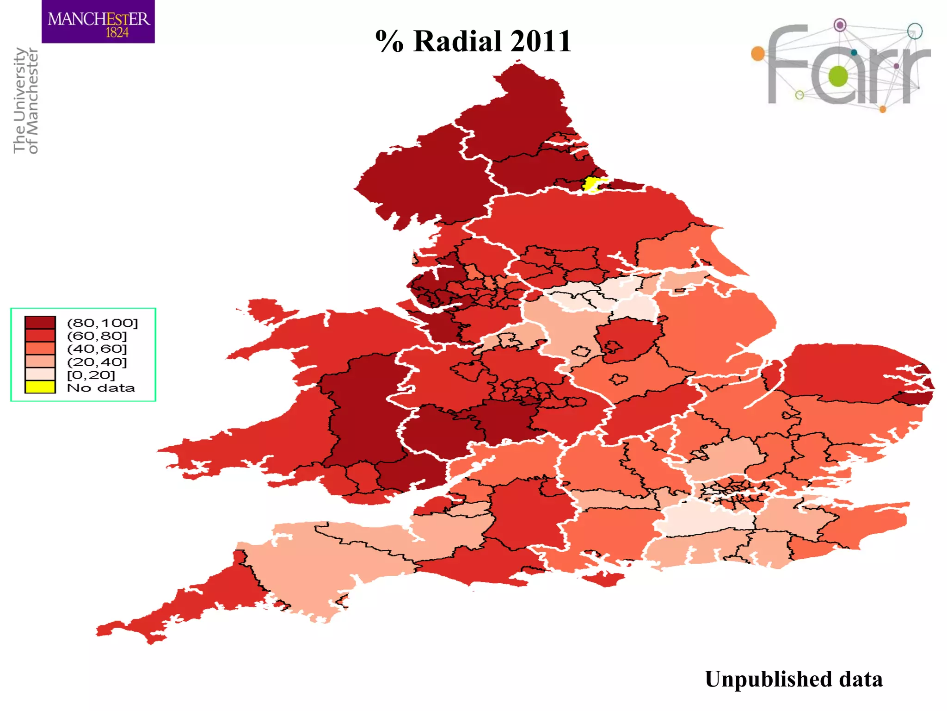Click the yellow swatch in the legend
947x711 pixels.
point(40,387)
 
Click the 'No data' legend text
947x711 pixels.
point(101,388)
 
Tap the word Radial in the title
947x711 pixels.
point(457,41)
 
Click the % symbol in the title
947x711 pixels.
point(389,41)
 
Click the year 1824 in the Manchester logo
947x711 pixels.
point(117,32)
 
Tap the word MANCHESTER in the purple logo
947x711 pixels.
point(98,19)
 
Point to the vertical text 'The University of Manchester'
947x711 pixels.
point(26,100)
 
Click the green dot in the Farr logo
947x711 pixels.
point(838,76)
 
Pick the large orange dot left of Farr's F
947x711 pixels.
point(758,54)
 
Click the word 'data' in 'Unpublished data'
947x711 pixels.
point(861,680)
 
